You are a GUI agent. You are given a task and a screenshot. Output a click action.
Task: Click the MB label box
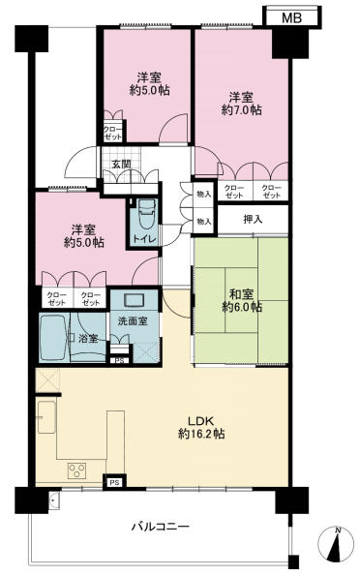pos(291,17)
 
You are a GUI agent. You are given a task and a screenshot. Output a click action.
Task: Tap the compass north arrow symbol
pos(336,545)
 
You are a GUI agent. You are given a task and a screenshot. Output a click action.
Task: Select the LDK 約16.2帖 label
pos(201,428)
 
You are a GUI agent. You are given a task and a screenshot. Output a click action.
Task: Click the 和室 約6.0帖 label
pos(241,300)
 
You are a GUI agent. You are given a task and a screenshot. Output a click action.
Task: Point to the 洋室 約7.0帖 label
pos(241,104)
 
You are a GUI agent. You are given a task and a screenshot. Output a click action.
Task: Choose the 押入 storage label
pos(253,220)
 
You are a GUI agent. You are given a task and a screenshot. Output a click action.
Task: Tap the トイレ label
pos(144,239)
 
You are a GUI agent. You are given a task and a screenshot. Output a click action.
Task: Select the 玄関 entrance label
pos(121,165)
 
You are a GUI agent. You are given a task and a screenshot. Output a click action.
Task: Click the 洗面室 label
pos(133,321)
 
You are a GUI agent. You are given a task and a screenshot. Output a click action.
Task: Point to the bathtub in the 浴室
pos(54,337)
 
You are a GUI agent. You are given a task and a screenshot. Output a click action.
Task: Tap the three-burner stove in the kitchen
pos(76,470)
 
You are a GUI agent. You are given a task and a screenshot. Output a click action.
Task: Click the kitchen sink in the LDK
pos(46,417)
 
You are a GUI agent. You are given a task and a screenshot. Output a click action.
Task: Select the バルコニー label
pos(161,527)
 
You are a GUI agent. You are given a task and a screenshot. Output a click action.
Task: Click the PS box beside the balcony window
pos(114,482)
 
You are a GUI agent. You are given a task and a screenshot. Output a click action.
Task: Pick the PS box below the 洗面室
pos(119,360)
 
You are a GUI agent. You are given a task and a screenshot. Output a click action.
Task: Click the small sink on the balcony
pos(54,500)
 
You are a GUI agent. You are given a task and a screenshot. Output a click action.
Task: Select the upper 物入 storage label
pos(204,195)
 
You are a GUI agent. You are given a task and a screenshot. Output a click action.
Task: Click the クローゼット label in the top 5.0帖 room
pos(112,134)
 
